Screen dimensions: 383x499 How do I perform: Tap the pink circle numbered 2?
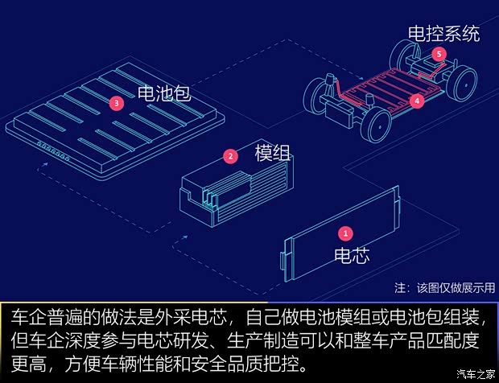231,156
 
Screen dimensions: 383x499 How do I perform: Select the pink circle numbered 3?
118,103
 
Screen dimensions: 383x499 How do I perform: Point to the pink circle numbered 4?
416,101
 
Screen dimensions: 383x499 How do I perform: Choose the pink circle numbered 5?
438,54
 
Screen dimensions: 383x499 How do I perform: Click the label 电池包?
164,93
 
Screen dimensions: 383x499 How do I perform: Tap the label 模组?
272,153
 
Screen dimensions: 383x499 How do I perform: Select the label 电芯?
352,257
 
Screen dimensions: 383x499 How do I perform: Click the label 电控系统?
443,33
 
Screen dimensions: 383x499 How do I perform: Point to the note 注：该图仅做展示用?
445,287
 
